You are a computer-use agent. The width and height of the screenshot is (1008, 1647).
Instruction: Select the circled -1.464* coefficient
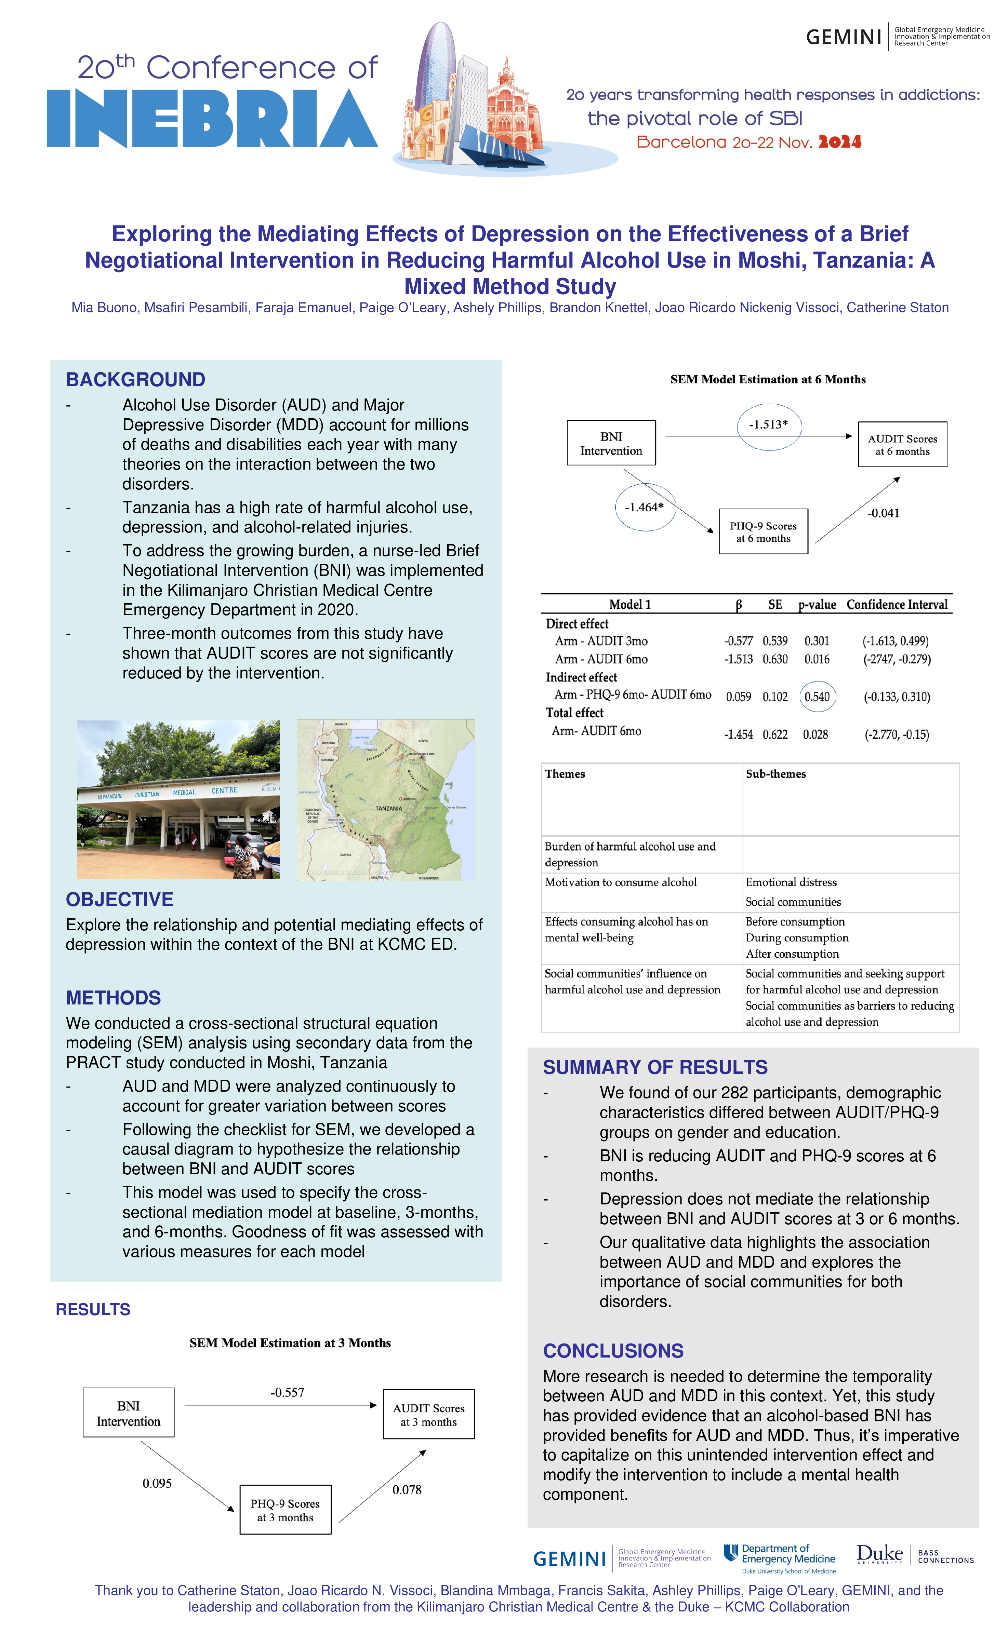(645, 507)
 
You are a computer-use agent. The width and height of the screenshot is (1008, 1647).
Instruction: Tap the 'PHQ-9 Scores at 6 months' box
(763, 532)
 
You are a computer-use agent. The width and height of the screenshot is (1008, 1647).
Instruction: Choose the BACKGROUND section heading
(136, 380)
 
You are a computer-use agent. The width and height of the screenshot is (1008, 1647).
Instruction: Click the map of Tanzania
(386, 799)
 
